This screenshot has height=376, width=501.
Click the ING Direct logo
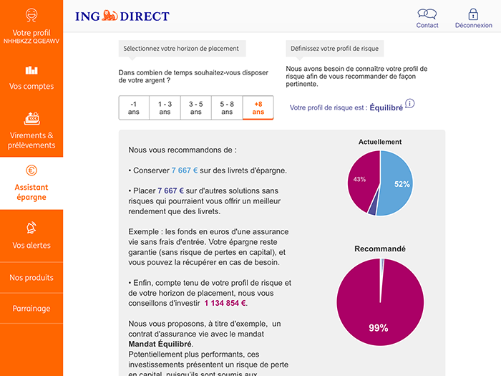coord(122,16)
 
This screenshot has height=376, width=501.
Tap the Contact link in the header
coord(427,18)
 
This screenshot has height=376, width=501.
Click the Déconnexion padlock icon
coord(473,14)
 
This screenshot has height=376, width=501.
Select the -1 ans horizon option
coord(134,107)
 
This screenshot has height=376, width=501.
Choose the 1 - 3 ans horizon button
coord(165,107)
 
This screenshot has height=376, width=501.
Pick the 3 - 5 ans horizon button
coord(196,107)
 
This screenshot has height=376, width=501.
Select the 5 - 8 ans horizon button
coord(227,107)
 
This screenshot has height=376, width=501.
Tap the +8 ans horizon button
coord(258,107)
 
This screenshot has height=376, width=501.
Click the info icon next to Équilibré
coord(409,104)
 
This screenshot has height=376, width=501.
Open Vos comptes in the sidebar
coord(31,78)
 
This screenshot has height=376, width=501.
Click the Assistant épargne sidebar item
coord(31,183)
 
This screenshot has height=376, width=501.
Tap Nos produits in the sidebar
coord(31,277)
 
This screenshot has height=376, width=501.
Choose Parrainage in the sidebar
coord(31,309)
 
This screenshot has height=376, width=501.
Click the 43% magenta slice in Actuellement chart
coord(361,180)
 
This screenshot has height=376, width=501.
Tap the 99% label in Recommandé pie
coord(378,328)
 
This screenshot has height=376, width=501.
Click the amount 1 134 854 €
coord(225,303)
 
